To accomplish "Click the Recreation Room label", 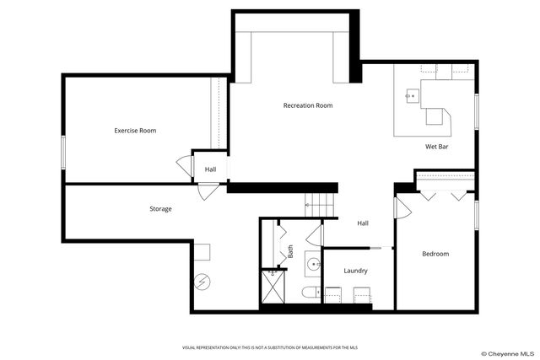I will pos(307,105).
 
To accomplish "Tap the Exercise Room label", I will pos(135,131).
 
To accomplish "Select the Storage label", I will pos(160,208).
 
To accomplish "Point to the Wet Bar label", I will pos(435,147).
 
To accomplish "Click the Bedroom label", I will pos(435,254).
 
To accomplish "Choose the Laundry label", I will pos(355,271).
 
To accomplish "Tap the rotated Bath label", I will pos(290,251).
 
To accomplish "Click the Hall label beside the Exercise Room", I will pos(210,169).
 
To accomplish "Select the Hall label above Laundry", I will pos(362,223).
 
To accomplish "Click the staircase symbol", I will pos(320,203).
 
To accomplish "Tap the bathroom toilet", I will pos(310,293).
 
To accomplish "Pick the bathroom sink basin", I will pos(314,264).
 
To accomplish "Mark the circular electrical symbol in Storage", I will pos(202,282).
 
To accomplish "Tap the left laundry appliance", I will pos(332,294).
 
